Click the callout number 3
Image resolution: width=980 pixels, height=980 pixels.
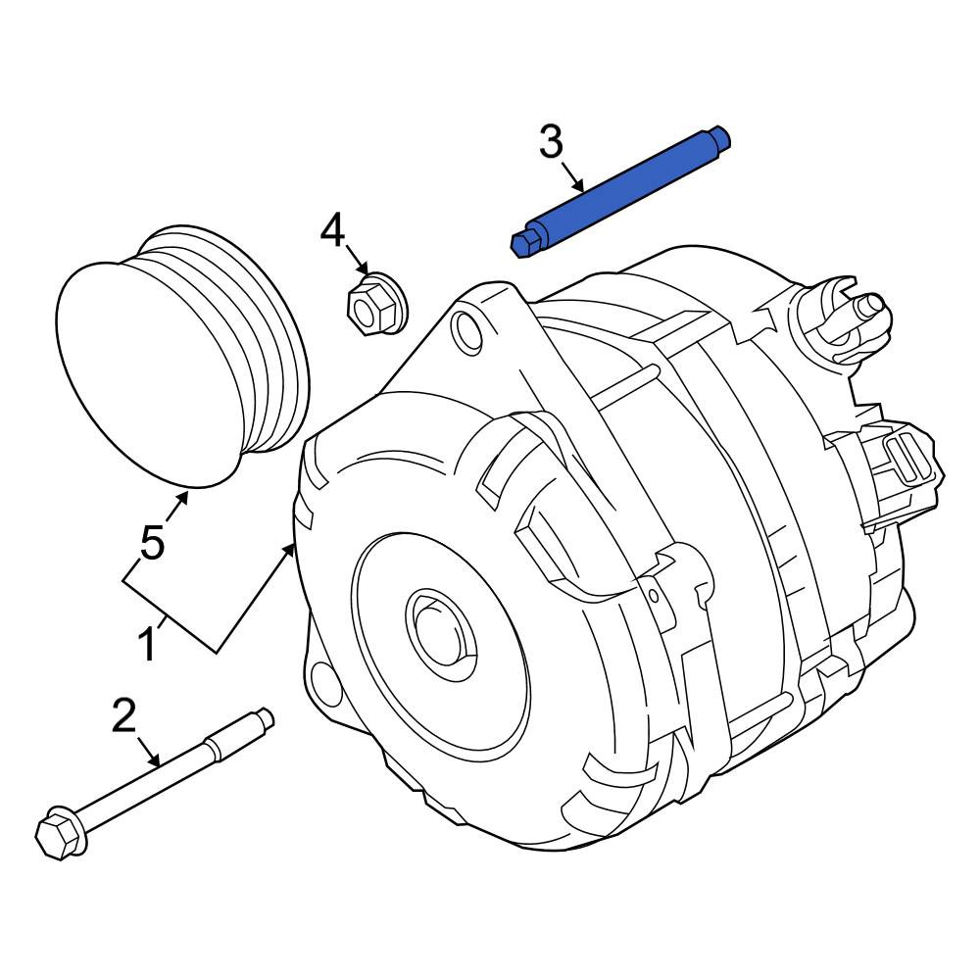(x=551, y=142)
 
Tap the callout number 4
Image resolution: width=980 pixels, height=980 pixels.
(x=332, y=230)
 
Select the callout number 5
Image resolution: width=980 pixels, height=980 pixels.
(x=152, y=542)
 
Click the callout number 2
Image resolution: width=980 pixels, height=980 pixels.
(x=123, y=715)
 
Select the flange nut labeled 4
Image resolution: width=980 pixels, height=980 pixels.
(x=375, y=304)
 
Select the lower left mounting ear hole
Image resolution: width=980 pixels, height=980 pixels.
(x=325, y=682)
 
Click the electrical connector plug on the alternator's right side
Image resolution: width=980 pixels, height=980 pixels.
(x=900, y=461)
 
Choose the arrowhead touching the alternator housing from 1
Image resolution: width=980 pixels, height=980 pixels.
(x=288, y=551)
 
